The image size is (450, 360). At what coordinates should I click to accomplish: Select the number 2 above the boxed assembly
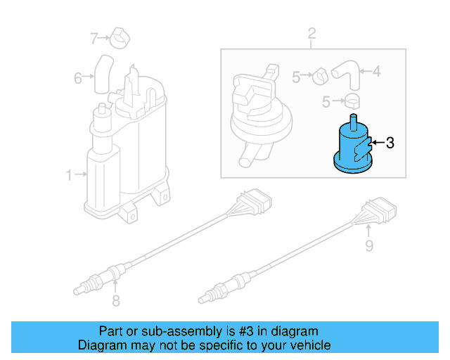point(311,33)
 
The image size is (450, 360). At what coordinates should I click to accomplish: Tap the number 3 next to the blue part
point(390,143)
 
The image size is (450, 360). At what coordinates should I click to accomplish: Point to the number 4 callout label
point(376,71)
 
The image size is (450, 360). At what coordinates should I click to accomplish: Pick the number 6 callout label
point(78,77)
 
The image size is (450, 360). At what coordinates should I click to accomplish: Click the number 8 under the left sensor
point(116,302)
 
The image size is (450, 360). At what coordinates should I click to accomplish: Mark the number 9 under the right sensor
point(368,245)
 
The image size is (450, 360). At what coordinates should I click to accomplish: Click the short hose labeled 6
point(104,72)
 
